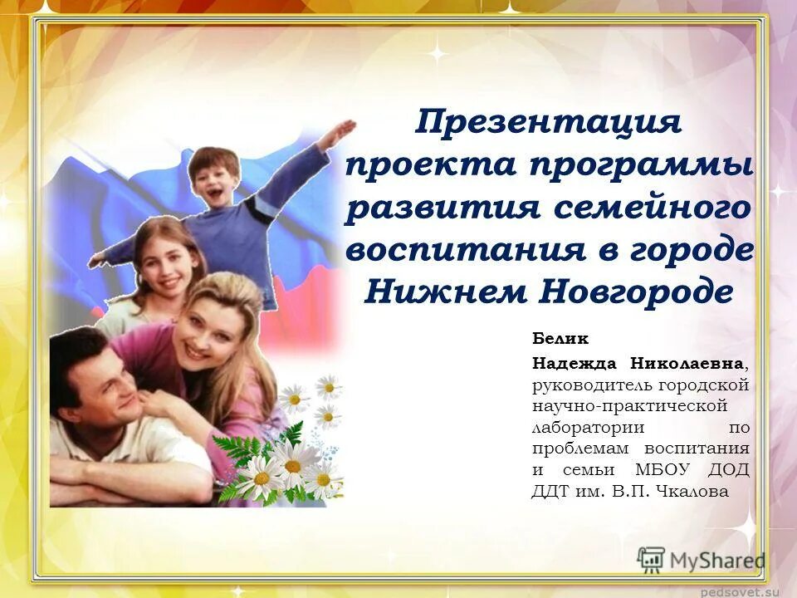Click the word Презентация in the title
coord(548,124)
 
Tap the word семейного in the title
coord(652,208)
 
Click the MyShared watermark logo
coord(702,561)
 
